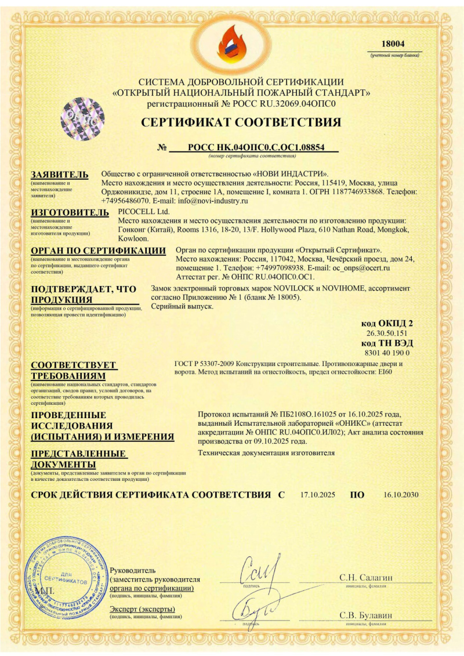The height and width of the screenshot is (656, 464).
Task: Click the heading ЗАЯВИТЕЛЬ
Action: click(x=60, y=175)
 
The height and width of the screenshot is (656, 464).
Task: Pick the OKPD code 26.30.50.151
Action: click(x=387, y=334)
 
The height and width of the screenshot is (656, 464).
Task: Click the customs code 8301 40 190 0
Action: click(x=387, y=353)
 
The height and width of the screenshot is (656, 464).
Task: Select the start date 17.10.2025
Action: click(x=318, y=495)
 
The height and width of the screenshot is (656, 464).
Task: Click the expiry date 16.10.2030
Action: click(x=401, y=495)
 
